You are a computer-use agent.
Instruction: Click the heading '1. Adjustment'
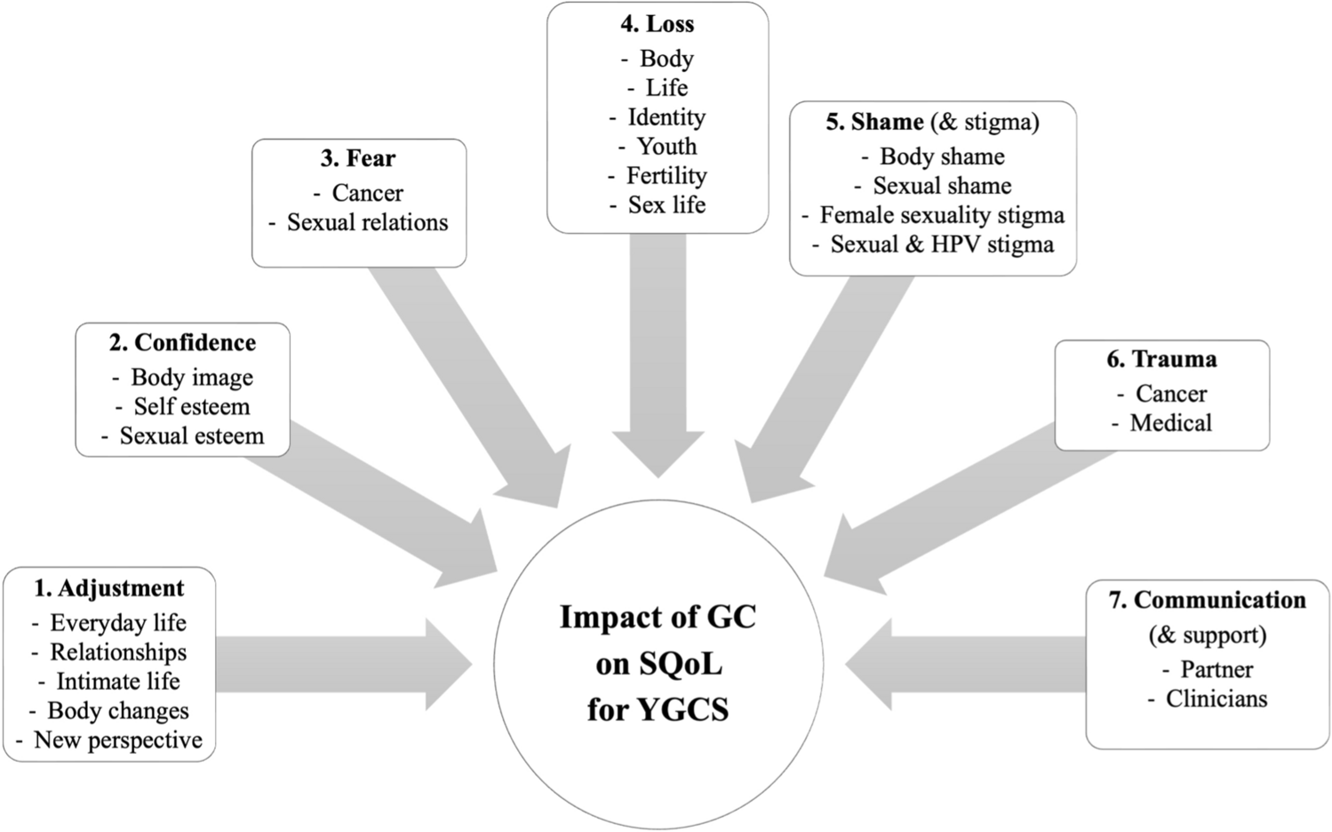pyautogui.click(x=109, y=588)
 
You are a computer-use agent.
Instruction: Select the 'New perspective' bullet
pyautogui.click(x=118, y=740)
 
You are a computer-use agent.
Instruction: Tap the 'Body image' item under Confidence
pyautogui.click(x=192, y=378)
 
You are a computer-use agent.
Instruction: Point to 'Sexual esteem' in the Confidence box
pyautogui.click(x=192, y=436)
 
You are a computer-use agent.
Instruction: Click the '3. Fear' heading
pyautogui.click(x=358, y=158)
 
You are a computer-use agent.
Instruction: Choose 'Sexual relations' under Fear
pyautogui.click(x=367, y=222)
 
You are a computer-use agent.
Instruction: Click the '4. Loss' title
pyautogui.click(x=658, y=24)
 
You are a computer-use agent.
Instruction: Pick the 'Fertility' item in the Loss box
pyautogui.click(x=666, y=176)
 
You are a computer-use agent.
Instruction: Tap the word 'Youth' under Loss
pyautogui.click(x=666, y=147)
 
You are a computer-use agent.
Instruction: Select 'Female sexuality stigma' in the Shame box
pyautogui.click(x=942, y=215)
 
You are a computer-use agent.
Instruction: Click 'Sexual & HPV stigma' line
pyautogui.click(x=942, y=244)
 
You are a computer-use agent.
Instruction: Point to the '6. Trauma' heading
pyautogui.click(x=1162, y=359)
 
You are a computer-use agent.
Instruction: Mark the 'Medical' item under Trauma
pyautogui.click(x=1170, y=423)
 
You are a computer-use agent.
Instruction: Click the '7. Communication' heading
pyautogui.click(x=1208, y=600)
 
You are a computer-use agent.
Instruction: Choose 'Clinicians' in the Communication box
pyautogui.click(x=1216, y=699)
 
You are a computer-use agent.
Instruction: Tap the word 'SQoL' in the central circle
pyautogui.click(x=658, y=664)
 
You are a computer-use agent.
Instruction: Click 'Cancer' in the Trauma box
pyautogui.click(x=1171, y=394)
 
